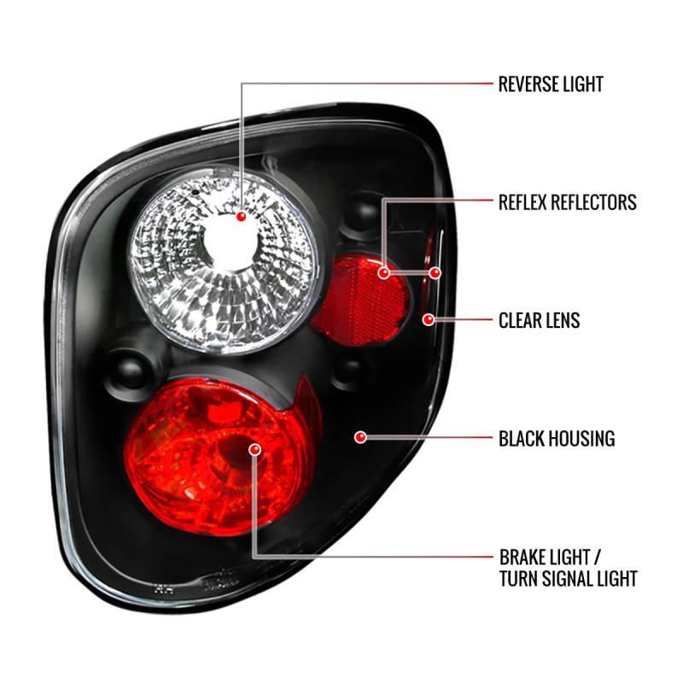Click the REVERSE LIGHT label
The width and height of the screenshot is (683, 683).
[551, 84]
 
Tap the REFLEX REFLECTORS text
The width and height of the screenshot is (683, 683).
[568, 202]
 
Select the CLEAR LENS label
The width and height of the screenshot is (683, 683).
[539, 321]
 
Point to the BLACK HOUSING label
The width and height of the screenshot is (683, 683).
[557, 439]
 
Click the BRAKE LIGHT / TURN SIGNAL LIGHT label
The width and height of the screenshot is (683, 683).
[568, 568]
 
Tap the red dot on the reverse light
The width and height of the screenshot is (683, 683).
[241, 218]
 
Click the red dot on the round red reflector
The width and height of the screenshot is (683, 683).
[385, 273]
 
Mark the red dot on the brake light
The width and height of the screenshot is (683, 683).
[254, 448]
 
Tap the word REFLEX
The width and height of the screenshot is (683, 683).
[526, 202]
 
